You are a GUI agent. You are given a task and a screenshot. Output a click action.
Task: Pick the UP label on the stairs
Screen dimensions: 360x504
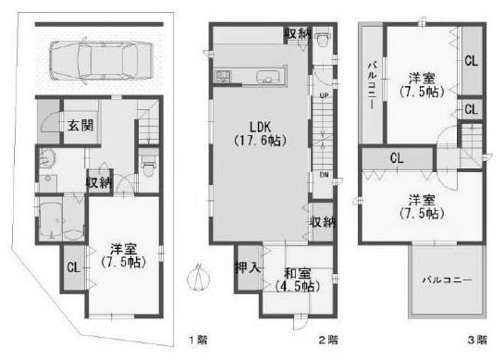(x=323, y=96)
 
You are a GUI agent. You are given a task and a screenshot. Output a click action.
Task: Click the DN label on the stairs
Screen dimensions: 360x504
(x=324, y=173)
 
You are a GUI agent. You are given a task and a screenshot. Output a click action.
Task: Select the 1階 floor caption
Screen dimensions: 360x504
(x=196, y=340)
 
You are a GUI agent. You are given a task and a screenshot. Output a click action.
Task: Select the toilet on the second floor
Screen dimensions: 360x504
(x=323, y=42)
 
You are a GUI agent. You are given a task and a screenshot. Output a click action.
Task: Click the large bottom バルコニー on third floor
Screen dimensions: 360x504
(x=448, y=279)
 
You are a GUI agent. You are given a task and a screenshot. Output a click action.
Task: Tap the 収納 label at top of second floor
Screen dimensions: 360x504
(x=296, y=33)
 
